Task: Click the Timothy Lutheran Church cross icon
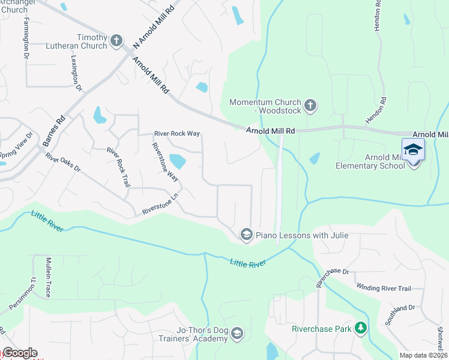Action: (x=116, y=41)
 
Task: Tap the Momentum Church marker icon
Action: (x=310, y=106)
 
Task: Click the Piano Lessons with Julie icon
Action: (x=246, y=235)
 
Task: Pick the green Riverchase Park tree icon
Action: (x=360, y=328)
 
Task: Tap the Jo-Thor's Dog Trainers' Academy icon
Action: (x=237, y=334)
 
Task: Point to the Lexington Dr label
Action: (x=76, y=73)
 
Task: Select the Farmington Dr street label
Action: (x=26, y=37)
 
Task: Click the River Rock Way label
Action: (x=176, y=134)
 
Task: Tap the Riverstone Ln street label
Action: (x=160, y=204)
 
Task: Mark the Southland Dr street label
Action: (x=403, y=308)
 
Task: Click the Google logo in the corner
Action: (x=19, y=353)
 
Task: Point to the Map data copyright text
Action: (x=423, y=355)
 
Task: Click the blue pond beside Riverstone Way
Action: (x=177, y=161)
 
